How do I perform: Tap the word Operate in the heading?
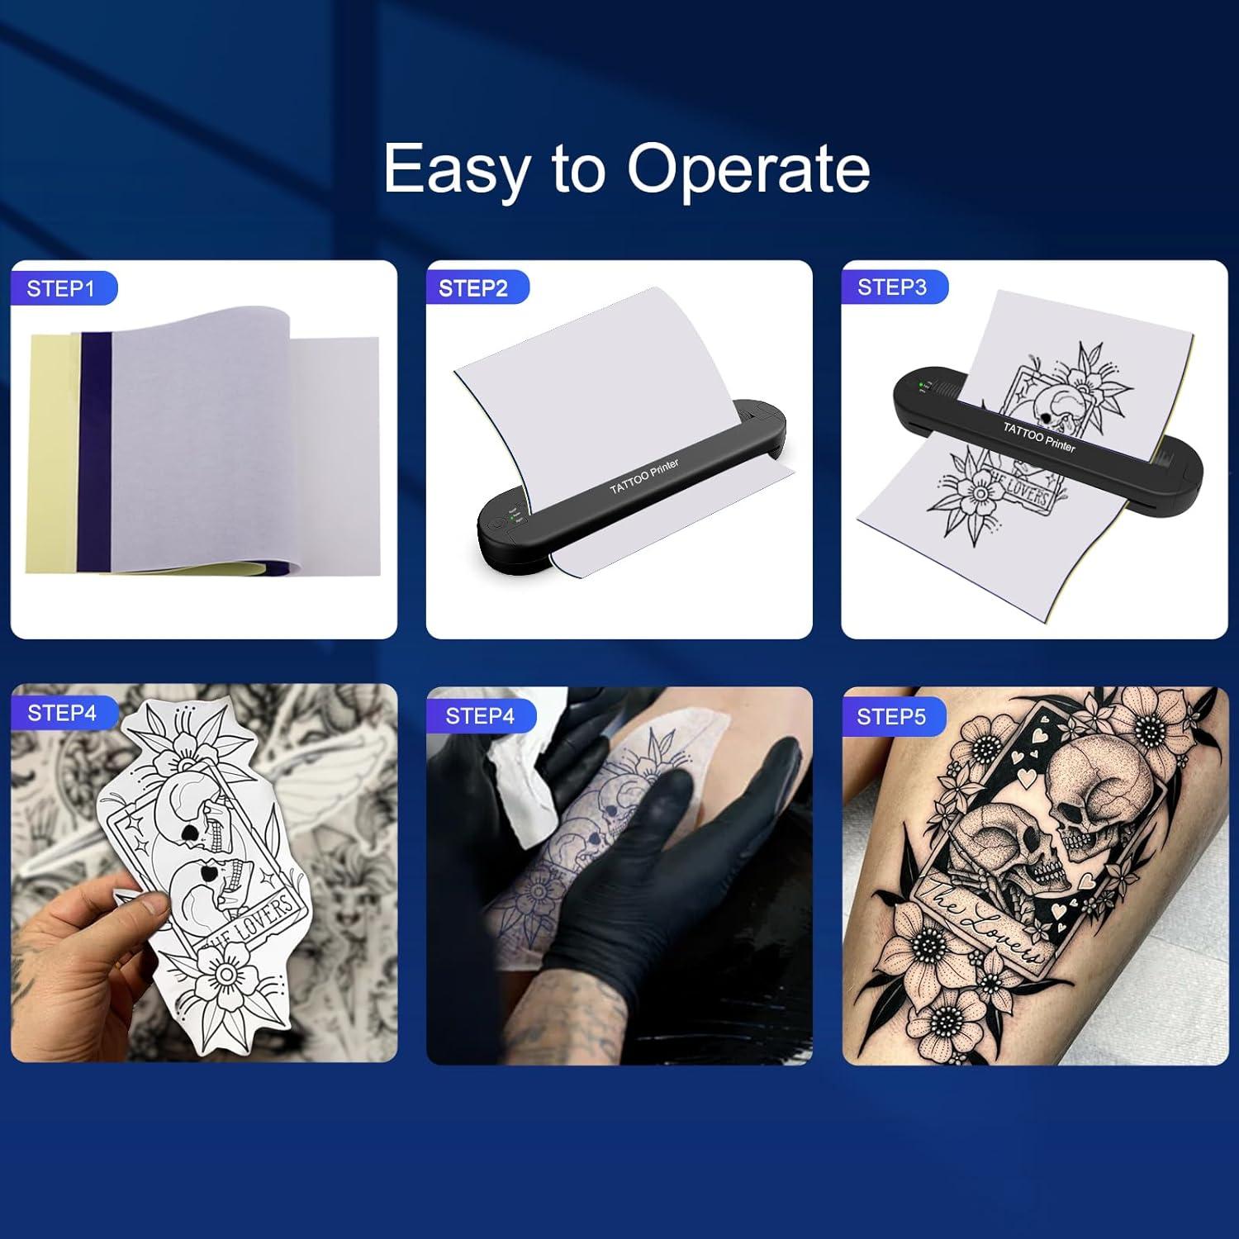coord(748,169)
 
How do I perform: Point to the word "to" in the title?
coord(579,171)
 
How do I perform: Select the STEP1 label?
coord(61,288)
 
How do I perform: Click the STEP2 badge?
coord(473,288)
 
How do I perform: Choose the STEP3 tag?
coord(892,287)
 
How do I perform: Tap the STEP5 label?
coord(891,716)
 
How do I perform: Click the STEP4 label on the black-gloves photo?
coord(480,716)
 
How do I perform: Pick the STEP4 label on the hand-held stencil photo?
coord(62,713)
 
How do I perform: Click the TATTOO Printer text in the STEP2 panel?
coord(644,477)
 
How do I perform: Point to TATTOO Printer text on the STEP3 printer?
coord(1039,436)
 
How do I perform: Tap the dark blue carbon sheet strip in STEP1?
coord(94,450)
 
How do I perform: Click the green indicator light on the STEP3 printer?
coord(920,382)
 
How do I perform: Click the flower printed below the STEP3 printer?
coord(980,493)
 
